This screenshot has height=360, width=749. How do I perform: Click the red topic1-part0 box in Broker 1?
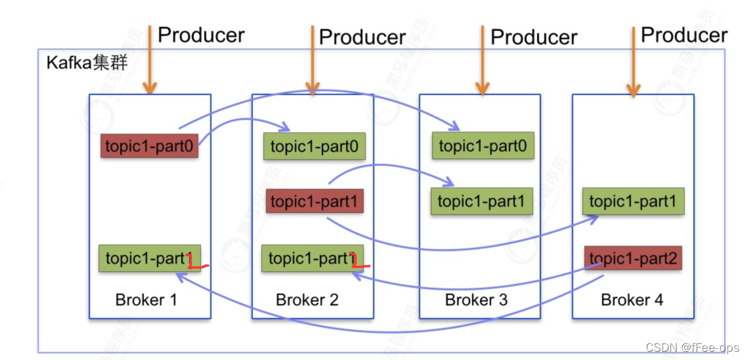[150, 146]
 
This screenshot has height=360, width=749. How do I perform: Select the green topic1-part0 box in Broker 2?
[314, 147]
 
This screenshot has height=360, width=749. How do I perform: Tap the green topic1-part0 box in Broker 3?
[482, 146]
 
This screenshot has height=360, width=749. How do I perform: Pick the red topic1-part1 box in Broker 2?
[314, 202]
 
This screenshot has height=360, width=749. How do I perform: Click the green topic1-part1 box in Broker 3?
[482, 202]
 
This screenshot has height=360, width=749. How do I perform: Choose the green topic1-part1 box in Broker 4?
[634, 202]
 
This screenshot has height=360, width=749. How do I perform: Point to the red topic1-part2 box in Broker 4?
[633, 258]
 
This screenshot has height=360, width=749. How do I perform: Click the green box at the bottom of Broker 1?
[149, 258]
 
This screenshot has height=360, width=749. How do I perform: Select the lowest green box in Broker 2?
[312, 258]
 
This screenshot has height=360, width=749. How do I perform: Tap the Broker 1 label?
[146, 300]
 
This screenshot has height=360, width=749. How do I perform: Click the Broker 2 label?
[307, 300]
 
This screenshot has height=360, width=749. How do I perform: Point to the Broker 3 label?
[477, 300]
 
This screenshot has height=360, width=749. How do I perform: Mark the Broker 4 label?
[632, 300]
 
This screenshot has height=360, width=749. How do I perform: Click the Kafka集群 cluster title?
[87, 63]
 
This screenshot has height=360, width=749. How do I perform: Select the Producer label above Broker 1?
[201, 35]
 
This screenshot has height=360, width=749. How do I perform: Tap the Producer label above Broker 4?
[684, 35]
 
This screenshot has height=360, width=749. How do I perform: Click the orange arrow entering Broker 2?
[311, 60]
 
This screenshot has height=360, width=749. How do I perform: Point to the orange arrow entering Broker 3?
[482, 60]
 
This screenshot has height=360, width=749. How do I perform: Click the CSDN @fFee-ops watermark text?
[693, 347]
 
